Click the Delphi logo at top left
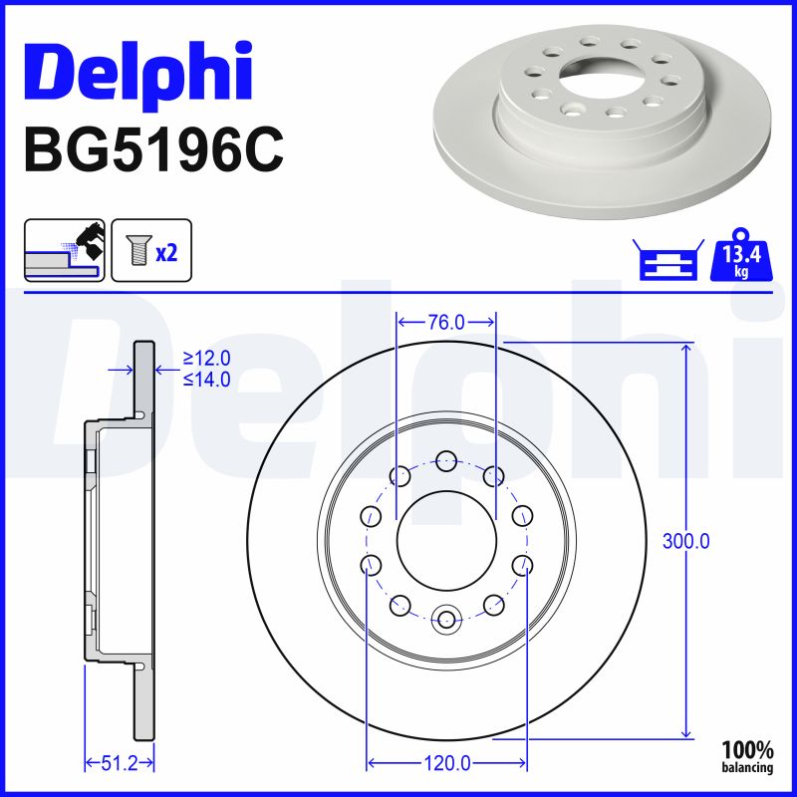137,74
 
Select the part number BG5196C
154,149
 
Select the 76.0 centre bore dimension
446,322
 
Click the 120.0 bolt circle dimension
445,764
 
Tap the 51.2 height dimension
120,764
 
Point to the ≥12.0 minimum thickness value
207,358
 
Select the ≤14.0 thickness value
207,379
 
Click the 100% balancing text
747,756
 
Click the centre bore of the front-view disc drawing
445,541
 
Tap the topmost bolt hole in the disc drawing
446,460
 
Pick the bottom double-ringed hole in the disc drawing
446,621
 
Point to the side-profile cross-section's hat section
94,541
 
